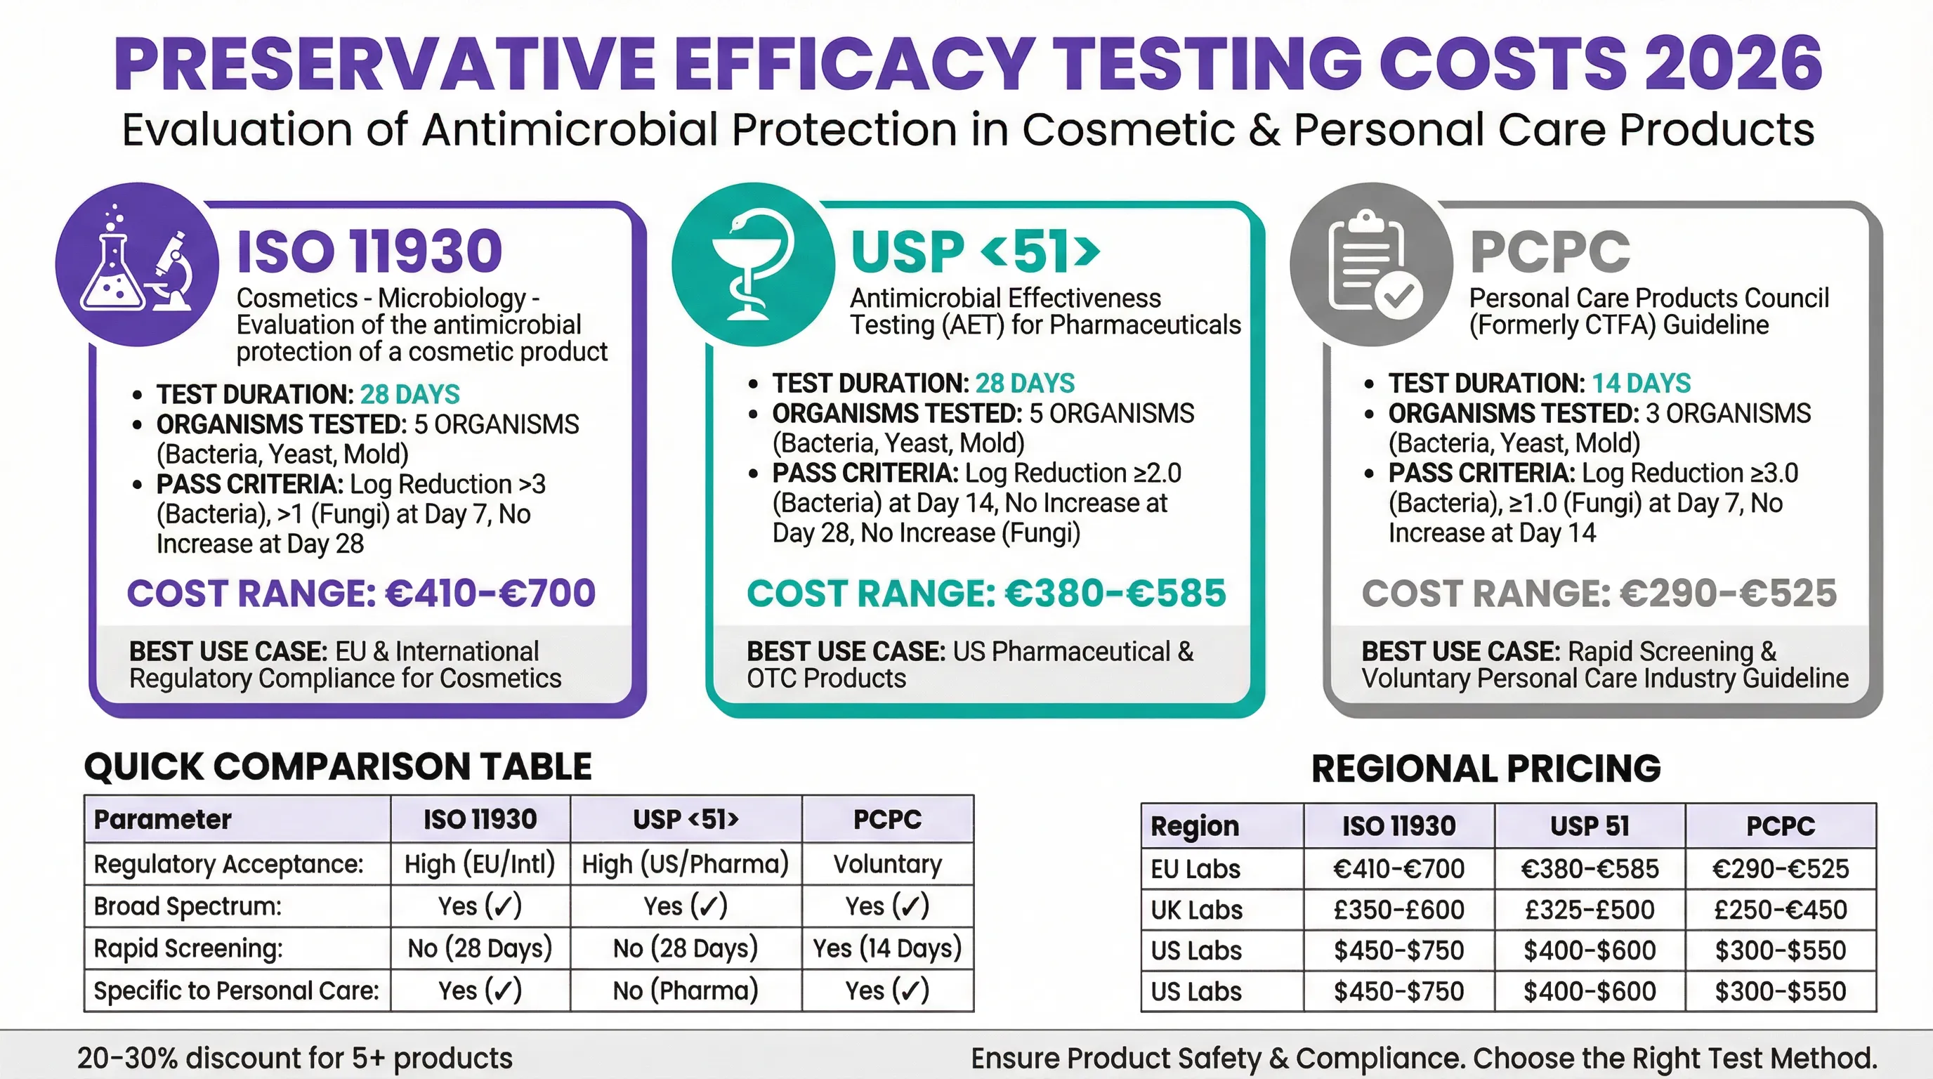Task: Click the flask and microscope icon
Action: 138,264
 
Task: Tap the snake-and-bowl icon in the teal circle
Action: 753,264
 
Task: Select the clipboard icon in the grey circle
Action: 1371,264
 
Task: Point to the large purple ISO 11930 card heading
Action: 369,251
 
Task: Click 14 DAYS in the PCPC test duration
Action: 1641,384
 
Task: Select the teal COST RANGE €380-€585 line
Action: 986,594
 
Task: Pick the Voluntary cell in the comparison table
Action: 887,865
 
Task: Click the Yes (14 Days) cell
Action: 887,948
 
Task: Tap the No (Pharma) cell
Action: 685,990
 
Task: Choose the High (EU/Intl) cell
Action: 480,865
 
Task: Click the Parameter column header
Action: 163,819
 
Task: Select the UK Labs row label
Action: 1197,910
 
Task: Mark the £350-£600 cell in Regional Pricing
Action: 1398,910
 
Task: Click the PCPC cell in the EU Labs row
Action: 1780,869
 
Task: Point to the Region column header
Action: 1195,826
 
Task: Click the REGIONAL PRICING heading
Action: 1486,769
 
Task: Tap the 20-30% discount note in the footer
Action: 295,1058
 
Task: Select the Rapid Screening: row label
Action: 188,948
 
